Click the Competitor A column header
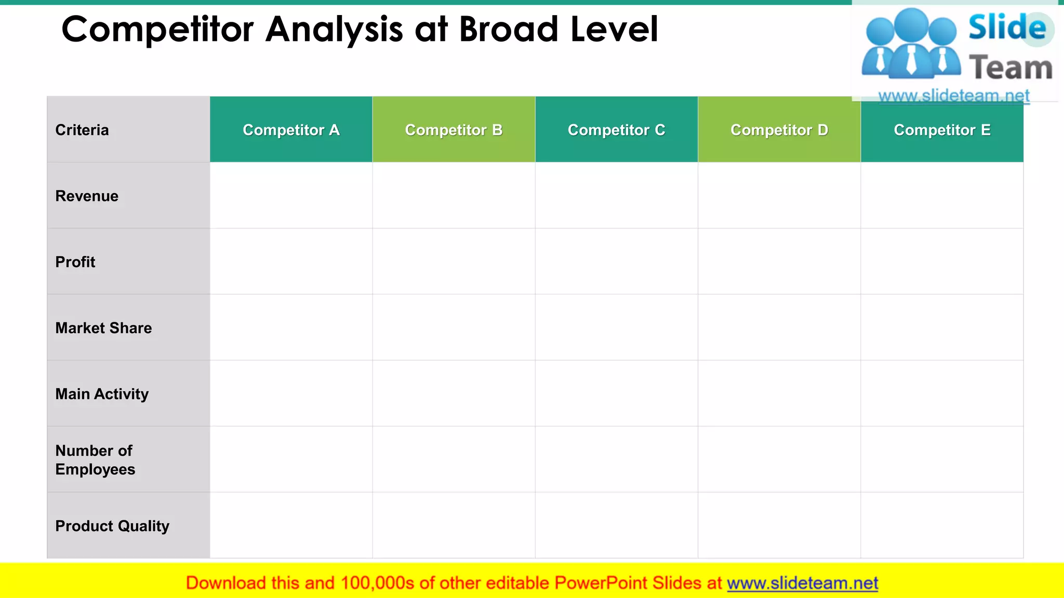(x=291, y=130)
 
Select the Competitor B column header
(x=454, y=130)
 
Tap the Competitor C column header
(x=616, y=130)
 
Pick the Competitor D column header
(x=779, y=130)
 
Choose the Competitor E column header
(x=942, y=130)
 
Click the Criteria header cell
(x=82, y=130)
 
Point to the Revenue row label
(x=87, y=196)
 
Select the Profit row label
(x=75, y=262)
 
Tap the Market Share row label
(x=103, y=328)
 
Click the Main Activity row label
(x=102, y=394)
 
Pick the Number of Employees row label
(x=95, y=460)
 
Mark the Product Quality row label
(x=112, y=526)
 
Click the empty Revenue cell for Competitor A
(x=291, y=196)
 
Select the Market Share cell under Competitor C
(x=616, y=328)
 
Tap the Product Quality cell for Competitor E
(x=942, y=525)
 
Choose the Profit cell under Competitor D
(x=779, y=262)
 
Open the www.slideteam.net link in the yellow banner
(x=802, y=583)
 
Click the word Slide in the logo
(x=1007, y=27)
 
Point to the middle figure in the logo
(x=912, y=44)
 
